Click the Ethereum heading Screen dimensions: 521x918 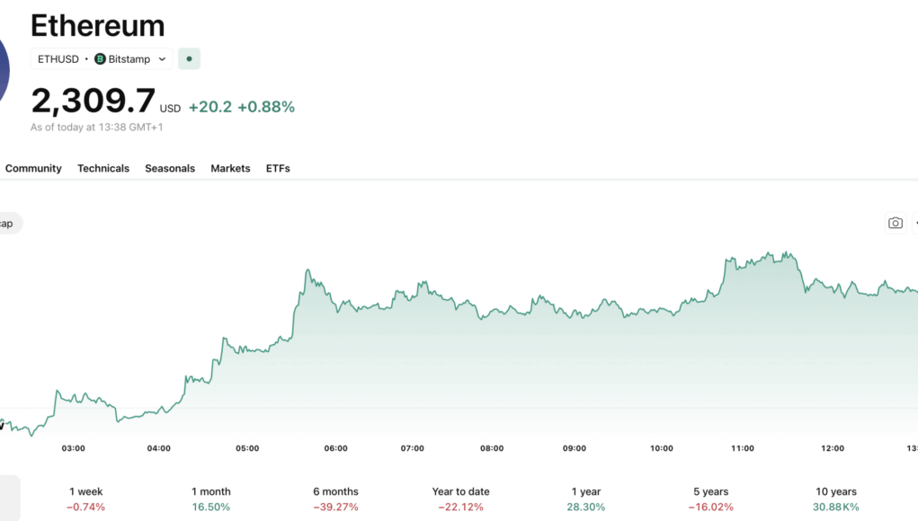coord(97,25)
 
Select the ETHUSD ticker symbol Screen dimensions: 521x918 coord(58,59)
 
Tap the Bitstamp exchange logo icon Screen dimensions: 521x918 coord(100,59)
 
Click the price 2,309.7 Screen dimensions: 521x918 coord(93,101)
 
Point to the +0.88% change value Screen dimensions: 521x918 coord(266,107)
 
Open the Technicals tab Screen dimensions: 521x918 coord(103,168)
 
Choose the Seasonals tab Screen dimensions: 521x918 coord(170,168)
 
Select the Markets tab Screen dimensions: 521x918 coord(230,168)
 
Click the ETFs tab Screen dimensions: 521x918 coord(278,168)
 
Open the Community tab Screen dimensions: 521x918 coord(33,168)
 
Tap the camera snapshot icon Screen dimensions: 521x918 coord(895,223)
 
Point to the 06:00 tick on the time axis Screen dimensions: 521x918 coord(335,448)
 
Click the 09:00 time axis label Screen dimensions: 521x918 coord(575,448)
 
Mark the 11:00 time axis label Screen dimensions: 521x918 coord(743,448)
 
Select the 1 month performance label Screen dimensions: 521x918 coord(210,491)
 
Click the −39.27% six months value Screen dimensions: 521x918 coord(335,507)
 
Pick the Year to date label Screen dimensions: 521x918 coord(460,491)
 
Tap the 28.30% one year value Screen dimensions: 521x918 coord(586,507)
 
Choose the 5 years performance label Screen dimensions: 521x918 coord(710,491)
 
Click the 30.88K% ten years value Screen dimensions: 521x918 coord(835,507)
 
